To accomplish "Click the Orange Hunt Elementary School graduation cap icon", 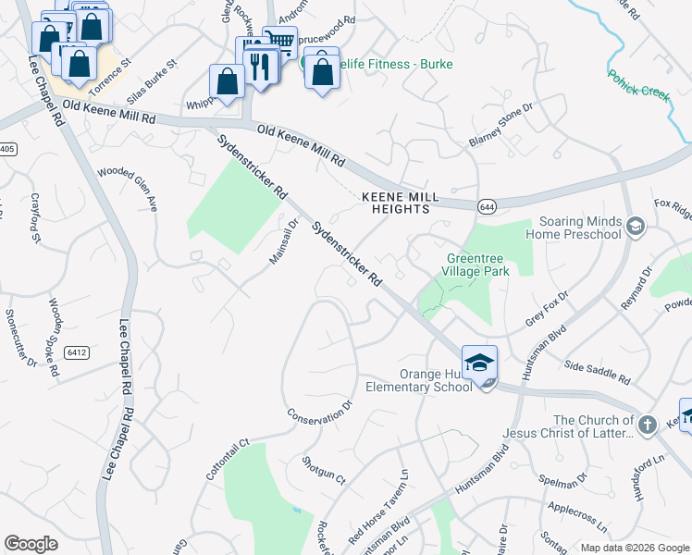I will coord(479,364).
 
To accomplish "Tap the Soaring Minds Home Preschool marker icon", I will coord(635,227).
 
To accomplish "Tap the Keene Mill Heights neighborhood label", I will coord(395,203).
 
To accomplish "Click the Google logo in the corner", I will coord(31,544).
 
